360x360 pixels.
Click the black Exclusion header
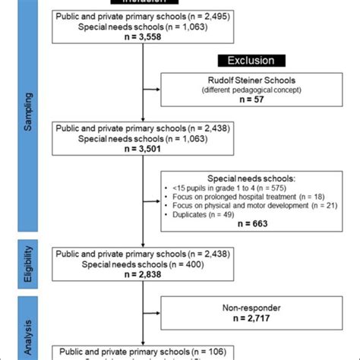pyautogui.click(x=251, y=60)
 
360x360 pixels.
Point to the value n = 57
pyautogui.click(x=251, y=99)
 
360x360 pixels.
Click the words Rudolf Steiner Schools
pyautogui.click(x=251, y=81)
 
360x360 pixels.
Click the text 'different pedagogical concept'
pyautogui.click(x=251, y=90)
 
